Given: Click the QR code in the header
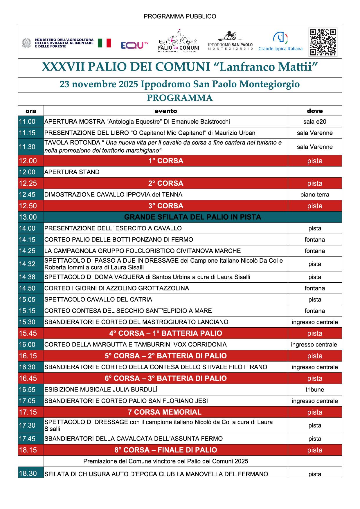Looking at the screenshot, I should [x=323, y=42].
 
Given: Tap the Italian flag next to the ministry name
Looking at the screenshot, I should [x=104, y=43].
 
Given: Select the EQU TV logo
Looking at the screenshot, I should [x=134, y=45].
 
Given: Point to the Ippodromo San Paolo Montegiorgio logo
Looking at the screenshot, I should [x=230, y=41].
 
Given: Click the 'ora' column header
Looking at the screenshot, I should [x=31, y=111].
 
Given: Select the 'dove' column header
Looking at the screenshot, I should [x=315, y=111].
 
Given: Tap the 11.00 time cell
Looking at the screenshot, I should [x=27, y=122].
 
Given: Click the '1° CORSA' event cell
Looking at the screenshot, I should [x=166, y=161].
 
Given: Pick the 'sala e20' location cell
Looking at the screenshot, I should [x=315, y=122].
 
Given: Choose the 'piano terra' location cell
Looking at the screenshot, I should [x=315, y=195].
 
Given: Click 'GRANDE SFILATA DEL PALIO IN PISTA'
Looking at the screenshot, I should [x=192, y=217].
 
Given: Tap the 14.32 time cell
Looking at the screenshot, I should [x=27, y=264].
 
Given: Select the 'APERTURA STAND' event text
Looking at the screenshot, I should [x=72, y=172].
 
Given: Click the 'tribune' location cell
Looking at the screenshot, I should [x=315, y=390].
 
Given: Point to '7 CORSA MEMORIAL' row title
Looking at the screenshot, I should [x=165, y=412].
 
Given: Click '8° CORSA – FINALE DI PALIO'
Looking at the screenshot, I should [x=166, y=450].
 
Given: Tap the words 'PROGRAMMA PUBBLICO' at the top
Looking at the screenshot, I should [x=180, y=17].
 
